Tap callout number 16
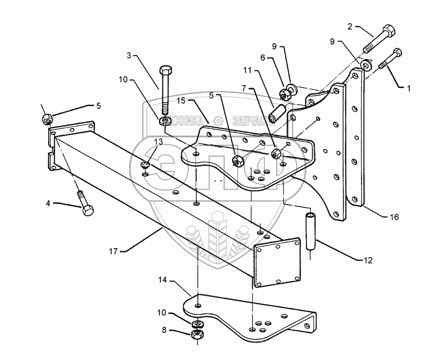click(x=394, y=217)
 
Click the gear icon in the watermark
click(x=218, y=120)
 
